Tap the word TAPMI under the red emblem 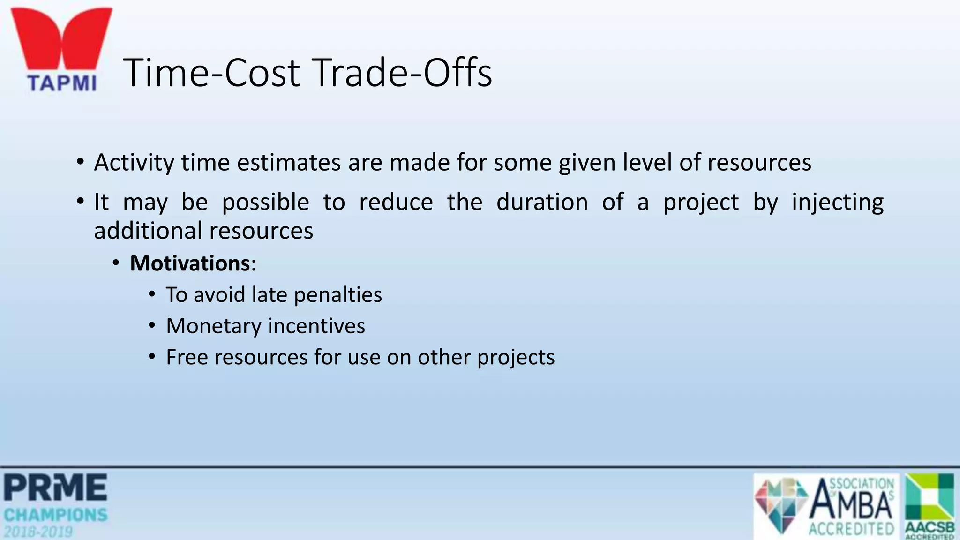point(62,83)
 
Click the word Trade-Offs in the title point(403,73)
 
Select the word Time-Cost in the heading point(213,73)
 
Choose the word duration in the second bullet point(542,202)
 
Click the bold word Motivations point(190,263)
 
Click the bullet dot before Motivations point(116,263)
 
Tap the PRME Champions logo point(56,505)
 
